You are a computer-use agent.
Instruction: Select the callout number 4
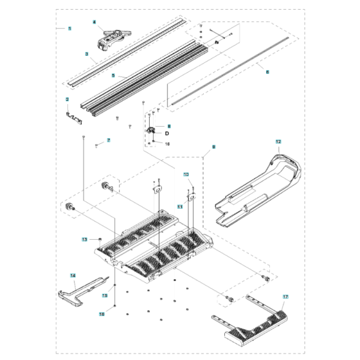[94, 22]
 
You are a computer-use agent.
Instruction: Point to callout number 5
[113, 75]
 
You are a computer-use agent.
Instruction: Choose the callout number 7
[109, 140]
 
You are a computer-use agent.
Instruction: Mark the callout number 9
[213, 147]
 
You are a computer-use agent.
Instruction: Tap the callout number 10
[186, 174]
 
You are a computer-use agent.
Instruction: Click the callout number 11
[180, 207]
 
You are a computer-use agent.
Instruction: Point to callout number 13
[84, 239]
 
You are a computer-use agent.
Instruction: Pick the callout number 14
[73, 276]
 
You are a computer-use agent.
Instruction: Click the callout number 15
[105, 295]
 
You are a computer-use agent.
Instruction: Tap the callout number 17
[285, 296]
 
